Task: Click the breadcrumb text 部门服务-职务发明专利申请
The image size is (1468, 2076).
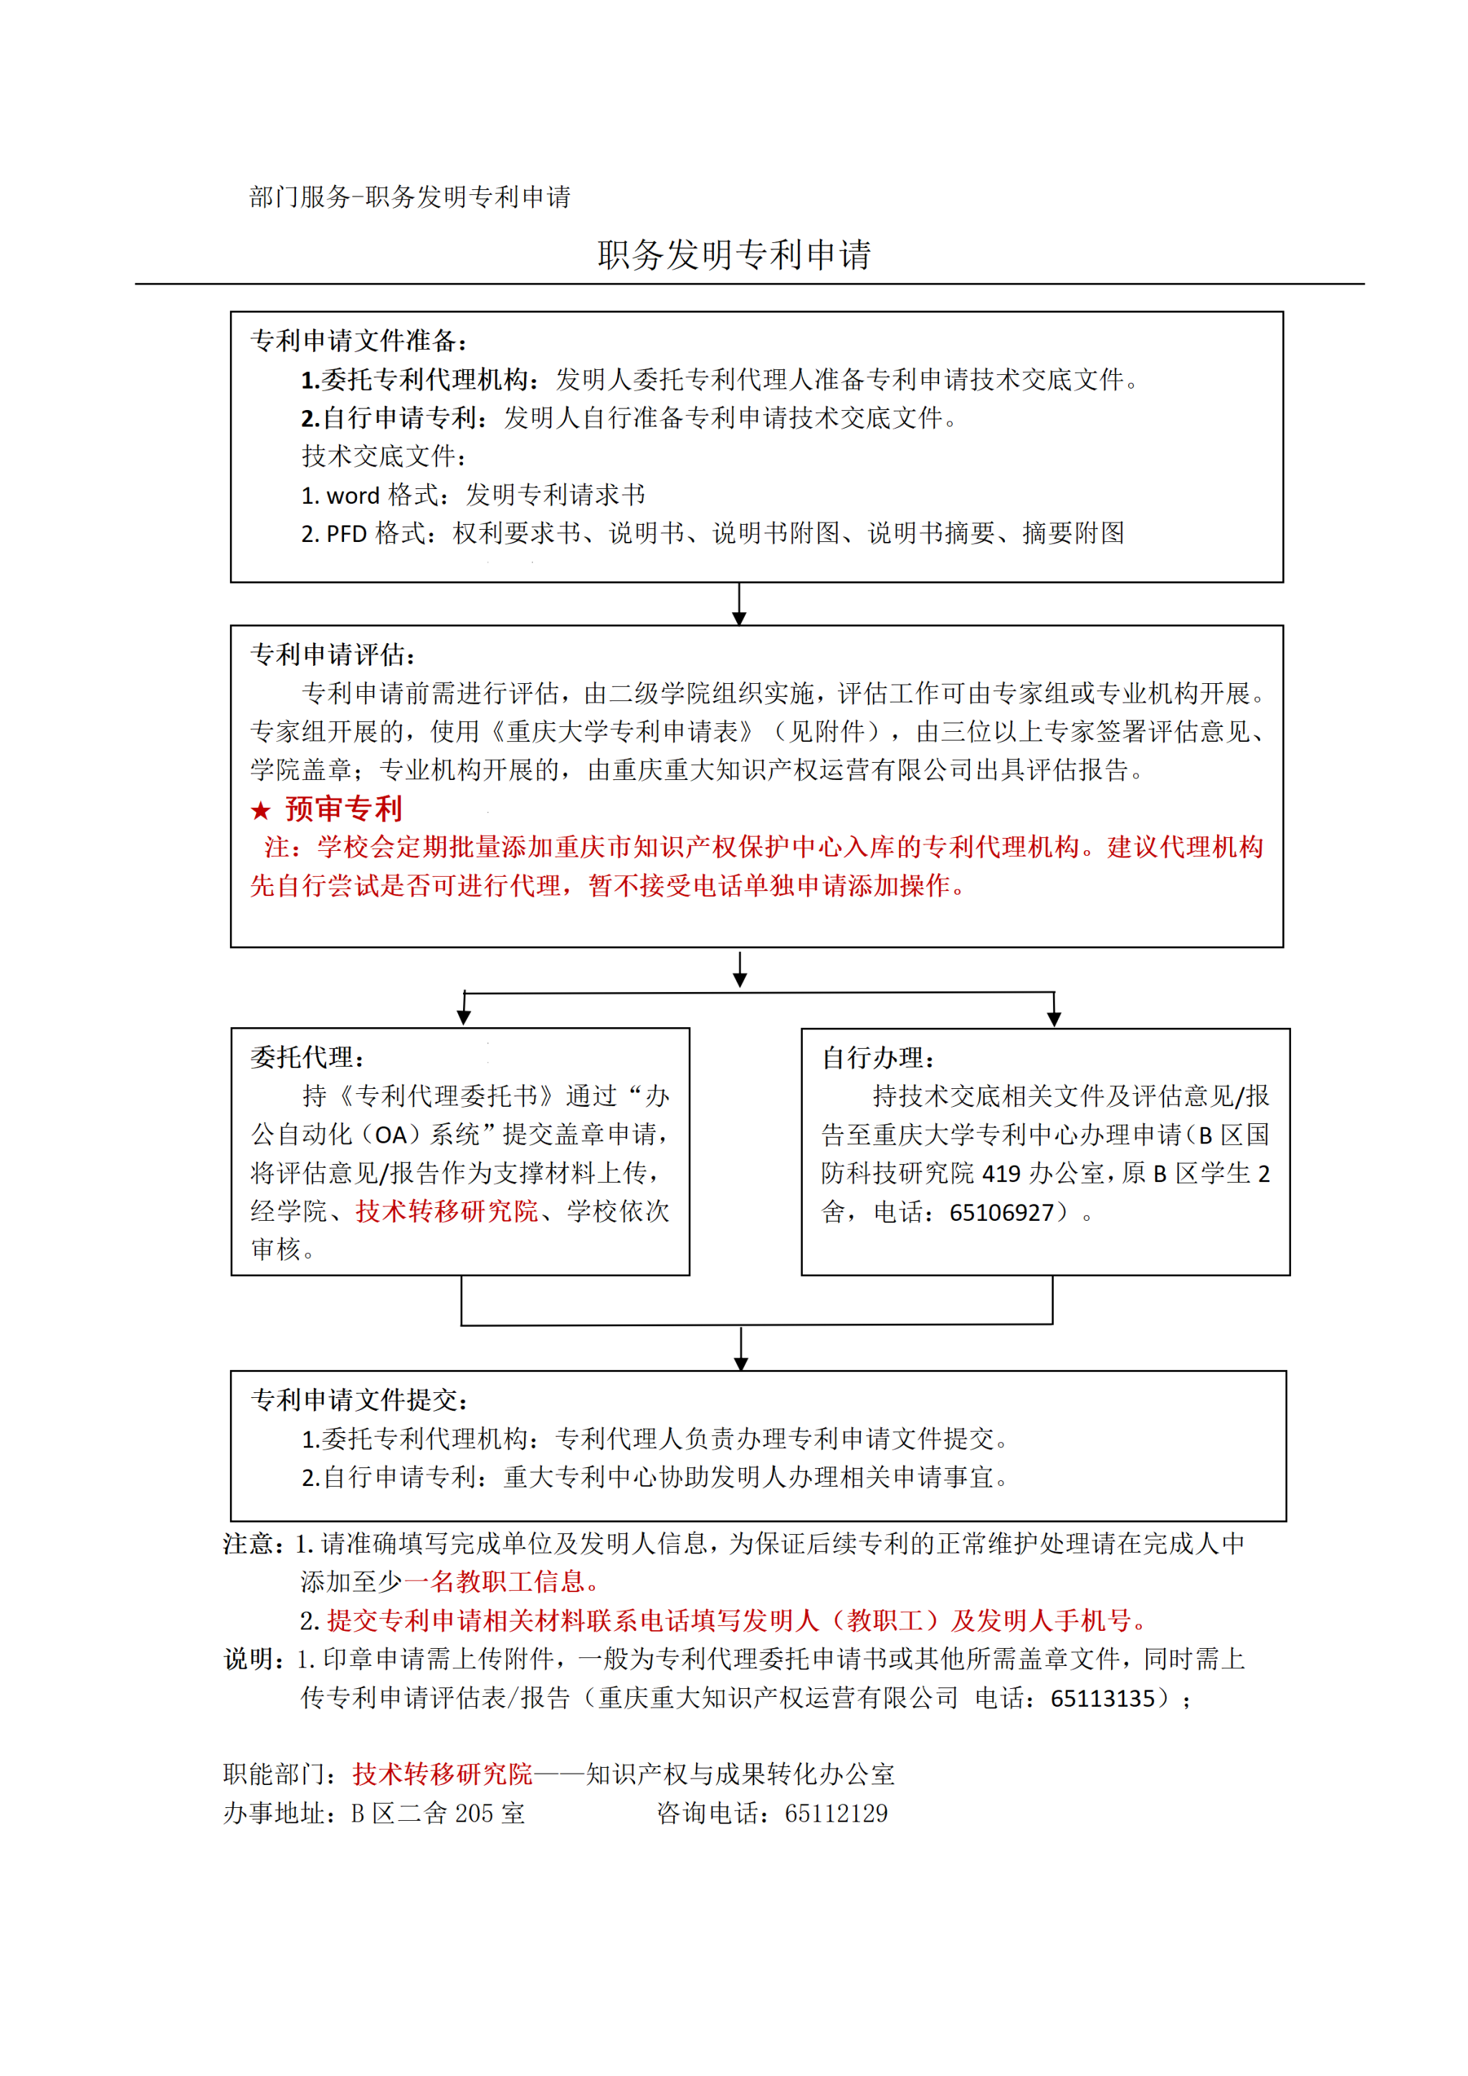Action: click(409, 196)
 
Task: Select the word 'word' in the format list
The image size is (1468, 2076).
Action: click(353, 495)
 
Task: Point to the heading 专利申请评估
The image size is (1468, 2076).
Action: click(331, 654)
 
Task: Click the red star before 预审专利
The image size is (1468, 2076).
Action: click(261, 810)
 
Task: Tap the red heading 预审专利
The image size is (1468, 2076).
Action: click(343, 809)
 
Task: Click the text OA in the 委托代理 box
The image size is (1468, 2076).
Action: click(391, 1135)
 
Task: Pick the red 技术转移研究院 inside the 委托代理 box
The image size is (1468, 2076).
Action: click(447, 1211)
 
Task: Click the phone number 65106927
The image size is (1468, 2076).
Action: click(1001, 1212)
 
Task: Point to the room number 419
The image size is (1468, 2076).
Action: click(1001, 1173)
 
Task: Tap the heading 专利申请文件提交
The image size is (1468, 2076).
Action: click(357, 1401)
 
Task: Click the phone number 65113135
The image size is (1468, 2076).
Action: click(1103, 1699)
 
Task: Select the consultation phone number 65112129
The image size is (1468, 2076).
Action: click(837, 1814)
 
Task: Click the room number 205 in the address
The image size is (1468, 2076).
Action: click(475, 1814)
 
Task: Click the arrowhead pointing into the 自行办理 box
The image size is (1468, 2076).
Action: click(1053, 1019)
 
